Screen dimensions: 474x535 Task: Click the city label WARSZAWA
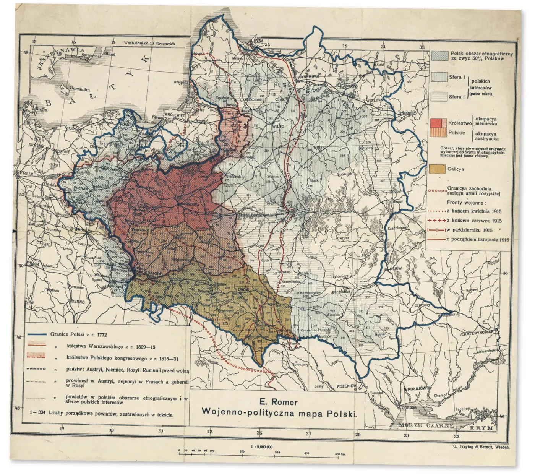[x=188, y=205]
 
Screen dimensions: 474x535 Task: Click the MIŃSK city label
[x=319, y=147]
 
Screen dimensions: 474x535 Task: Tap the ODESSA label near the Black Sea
[x=409, y=407]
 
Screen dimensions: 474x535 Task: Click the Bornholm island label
[x=79, y=89]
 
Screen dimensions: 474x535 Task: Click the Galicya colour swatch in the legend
[x=438, y=169]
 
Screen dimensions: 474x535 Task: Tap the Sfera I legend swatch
[x=439, y=77]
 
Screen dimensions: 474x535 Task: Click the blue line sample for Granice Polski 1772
[x=36, y=334]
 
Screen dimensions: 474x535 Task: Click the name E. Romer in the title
[x=278, y=402]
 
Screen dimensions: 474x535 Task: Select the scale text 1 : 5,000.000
[x=261, y=446]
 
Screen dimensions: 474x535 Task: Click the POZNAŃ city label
[x=81, y=188]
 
